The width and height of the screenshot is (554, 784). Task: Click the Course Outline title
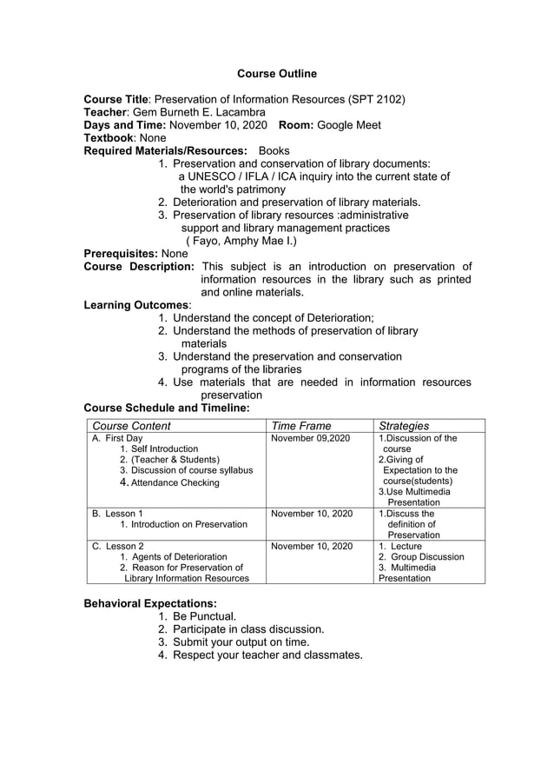277,74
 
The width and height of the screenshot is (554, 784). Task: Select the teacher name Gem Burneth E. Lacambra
199,112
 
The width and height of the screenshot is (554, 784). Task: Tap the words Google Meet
349,125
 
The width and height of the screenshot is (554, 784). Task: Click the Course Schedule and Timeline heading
167,408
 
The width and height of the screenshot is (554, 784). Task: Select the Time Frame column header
301,426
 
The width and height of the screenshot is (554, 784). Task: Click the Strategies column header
404,426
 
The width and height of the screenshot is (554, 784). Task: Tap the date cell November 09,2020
310,439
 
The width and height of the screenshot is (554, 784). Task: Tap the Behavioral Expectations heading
150,603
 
